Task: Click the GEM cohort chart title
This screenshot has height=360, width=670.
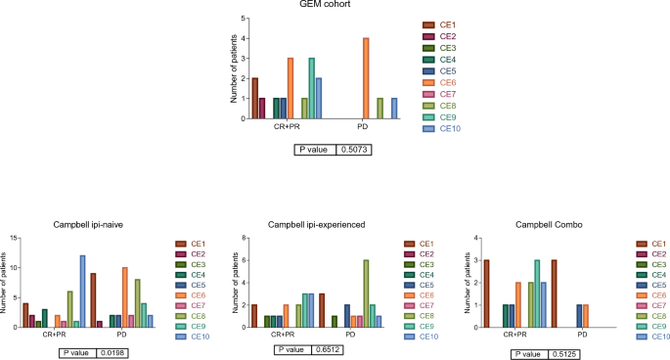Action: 325,4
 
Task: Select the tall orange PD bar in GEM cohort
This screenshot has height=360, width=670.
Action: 366,78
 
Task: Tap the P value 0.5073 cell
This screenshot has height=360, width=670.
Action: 354,150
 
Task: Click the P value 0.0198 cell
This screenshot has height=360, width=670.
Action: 112,353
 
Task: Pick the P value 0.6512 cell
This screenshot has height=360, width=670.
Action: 328,350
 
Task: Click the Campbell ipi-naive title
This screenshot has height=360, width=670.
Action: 88,225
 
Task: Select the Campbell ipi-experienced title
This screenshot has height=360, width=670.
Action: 317,225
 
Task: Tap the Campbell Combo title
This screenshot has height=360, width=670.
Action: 549,225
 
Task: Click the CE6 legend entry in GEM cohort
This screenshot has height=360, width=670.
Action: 440,82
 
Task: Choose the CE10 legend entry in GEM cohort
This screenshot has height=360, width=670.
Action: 442,129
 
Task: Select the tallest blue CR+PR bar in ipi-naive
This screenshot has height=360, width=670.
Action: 82,292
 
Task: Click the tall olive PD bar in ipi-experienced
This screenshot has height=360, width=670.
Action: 366,293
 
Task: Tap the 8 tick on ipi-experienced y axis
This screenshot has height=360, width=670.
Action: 244,238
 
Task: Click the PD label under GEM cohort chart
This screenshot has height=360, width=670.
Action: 362,126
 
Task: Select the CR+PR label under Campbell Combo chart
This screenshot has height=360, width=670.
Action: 514,335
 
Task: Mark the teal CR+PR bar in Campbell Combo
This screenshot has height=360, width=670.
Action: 537,293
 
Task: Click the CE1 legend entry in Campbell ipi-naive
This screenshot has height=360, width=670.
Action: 191,245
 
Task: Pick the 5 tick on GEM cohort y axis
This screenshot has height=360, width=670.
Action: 244,19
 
